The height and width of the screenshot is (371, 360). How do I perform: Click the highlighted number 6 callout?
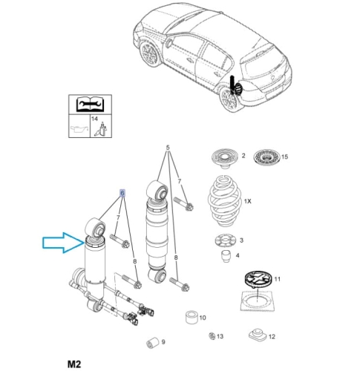122,193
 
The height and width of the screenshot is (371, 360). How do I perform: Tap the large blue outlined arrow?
63,243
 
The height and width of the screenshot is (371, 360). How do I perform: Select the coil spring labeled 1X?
225,201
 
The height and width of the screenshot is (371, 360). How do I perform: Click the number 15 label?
285,157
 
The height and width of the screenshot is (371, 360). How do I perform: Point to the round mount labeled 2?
224,158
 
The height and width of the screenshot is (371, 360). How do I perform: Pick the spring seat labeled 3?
225,240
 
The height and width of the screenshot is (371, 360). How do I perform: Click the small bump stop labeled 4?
225,256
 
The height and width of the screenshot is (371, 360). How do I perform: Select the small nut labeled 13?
212,336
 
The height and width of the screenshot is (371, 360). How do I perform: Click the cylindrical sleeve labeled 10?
192,318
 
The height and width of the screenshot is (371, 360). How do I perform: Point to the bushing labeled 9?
153,342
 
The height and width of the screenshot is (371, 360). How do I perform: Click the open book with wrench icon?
90,105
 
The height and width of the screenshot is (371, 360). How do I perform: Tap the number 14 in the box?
94,119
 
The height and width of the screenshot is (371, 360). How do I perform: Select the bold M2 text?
74,364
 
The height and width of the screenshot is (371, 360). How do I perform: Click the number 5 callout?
168,148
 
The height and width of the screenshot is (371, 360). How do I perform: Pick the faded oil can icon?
79,129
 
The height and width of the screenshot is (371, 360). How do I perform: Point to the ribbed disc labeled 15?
266,157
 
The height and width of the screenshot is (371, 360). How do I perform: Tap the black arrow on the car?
233,85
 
